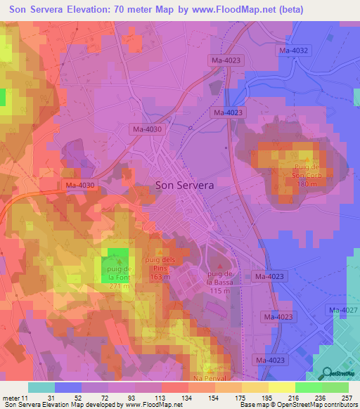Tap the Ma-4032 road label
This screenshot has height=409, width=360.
294,51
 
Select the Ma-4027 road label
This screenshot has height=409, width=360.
342,310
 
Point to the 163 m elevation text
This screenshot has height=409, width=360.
160,278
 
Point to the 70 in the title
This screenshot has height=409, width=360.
139,9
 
